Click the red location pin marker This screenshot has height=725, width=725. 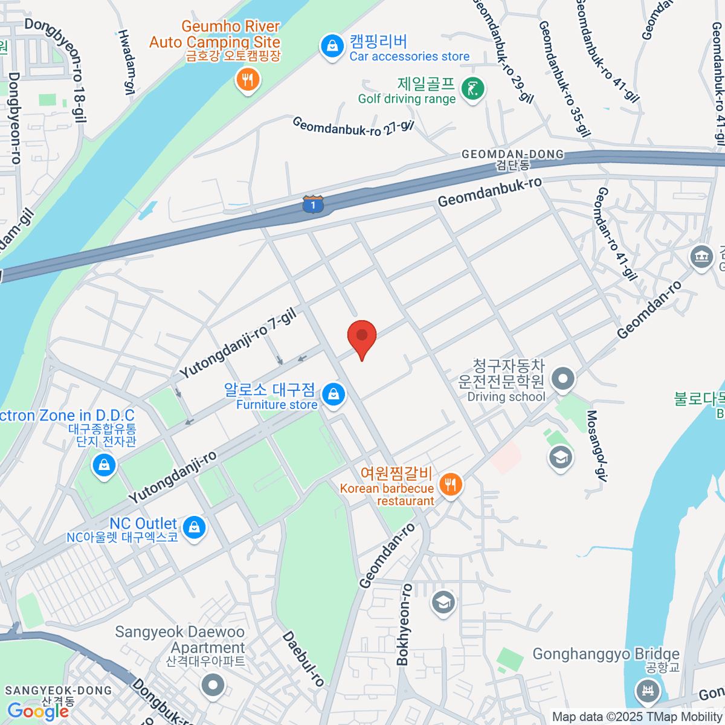point(362,336)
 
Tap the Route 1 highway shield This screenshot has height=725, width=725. point(313,204)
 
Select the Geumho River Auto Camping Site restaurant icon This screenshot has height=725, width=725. point(247,80)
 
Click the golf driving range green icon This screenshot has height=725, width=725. point(472,89)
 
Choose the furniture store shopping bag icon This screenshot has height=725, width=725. point(333,395)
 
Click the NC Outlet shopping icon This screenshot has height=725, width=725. point(194,527)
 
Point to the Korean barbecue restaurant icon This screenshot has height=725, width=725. point(450,484)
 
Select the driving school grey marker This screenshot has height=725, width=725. point(563,379)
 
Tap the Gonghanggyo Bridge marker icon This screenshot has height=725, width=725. point(647,689)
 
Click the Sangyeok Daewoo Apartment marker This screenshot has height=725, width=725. point(213,685)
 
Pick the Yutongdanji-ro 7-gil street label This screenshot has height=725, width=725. point(238,343)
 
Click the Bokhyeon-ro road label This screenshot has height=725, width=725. point(404,625)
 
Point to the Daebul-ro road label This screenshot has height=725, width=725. point(303,659)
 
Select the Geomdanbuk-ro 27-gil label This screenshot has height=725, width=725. point(353,126)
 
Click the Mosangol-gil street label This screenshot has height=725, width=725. point(596,445)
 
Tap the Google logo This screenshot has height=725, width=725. point(37,711)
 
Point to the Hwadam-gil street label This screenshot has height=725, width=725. point(125,62)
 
